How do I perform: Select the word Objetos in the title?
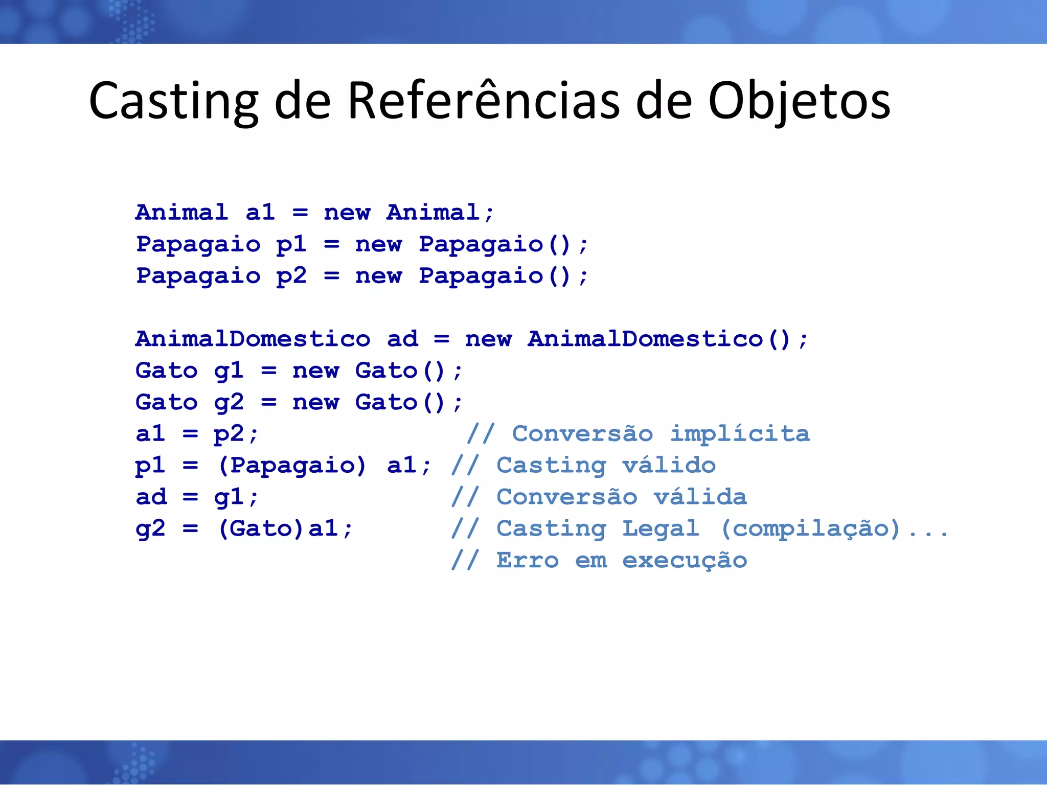[799, 101]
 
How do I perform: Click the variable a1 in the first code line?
[260, 213]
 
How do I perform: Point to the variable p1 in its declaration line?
[291, 245]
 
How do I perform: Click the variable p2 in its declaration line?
[291, 276]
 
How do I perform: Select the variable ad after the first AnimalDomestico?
[402, 339]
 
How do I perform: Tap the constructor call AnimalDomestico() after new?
[660, 339]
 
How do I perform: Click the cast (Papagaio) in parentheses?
[292, 466]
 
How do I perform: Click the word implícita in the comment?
[740, 434]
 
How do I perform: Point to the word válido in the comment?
[669, 466]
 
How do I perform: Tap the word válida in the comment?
[700, 497]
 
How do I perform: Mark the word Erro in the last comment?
[528, 561]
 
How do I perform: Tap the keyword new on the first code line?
[347, 213]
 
